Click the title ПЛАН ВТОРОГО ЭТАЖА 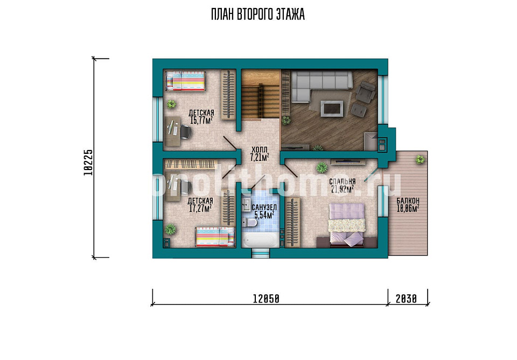258,15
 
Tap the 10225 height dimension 88,163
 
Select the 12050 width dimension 266,299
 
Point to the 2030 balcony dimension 406,299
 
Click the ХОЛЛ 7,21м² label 260,154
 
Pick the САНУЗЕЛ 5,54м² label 264,211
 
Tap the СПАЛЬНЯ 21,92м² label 343,185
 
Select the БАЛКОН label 408,201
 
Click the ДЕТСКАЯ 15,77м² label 201,117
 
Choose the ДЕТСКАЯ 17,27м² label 200,204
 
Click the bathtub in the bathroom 260,240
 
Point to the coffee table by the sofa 332,109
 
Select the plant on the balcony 420,160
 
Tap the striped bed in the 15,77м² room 185,81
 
